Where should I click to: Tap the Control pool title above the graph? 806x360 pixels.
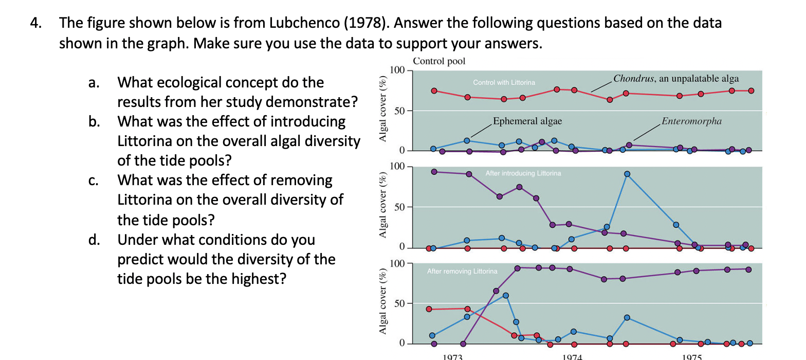click(x=439, y=61)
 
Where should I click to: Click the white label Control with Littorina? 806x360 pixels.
click(x=504, y=82)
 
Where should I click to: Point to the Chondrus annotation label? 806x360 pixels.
click(x=676, y=79)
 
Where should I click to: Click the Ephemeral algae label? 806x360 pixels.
click(x=527, y=121)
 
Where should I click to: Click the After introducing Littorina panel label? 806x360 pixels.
click(x=523, y=173)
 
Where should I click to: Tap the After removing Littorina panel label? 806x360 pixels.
click(x=462, y=271)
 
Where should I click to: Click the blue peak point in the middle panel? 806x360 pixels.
click(x=627, y=174)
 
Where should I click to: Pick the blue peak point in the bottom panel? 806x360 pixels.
click(x=506, y=295)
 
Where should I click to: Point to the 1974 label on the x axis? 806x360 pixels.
click(x=573, y=356)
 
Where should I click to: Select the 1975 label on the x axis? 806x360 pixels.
click(x=692, y=356)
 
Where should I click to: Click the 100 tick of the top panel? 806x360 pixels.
click(x=398, y=70)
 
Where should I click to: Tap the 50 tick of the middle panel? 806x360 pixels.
click(x=400, y=207)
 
